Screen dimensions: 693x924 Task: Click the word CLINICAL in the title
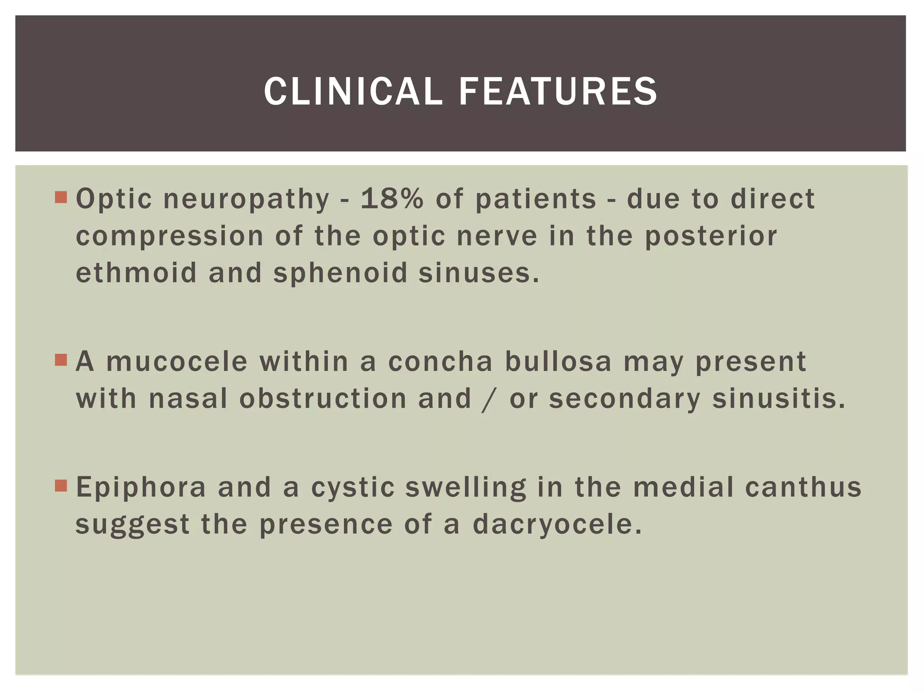click(353, 92)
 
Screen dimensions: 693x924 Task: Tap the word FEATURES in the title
click(558, 92)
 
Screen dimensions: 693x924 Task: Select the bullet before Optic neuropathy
click(61, 197)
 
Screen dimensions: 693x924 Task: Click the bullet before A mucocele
click(61, 360)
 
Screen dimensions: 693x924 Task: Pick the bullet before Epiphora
click(61, 485)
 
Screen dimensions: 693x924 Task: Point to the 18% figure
click(392, 199)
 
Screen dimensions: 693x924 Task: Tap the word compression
click(170, 236)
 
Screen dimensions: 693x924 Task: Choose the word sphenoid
click(341, 273)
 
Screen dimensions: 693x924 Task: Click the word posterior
click(711, 236)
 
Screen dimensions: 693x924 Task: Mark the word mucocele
click(177, 361)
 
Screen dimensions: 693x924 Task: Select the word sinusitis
click(779, 399)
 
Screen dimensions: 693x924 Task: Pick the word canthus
click(803, 487)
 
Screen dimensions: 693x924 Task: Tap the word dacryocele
click(557, 525)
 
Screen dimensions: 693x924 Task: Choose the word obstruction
click(323, 399)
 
